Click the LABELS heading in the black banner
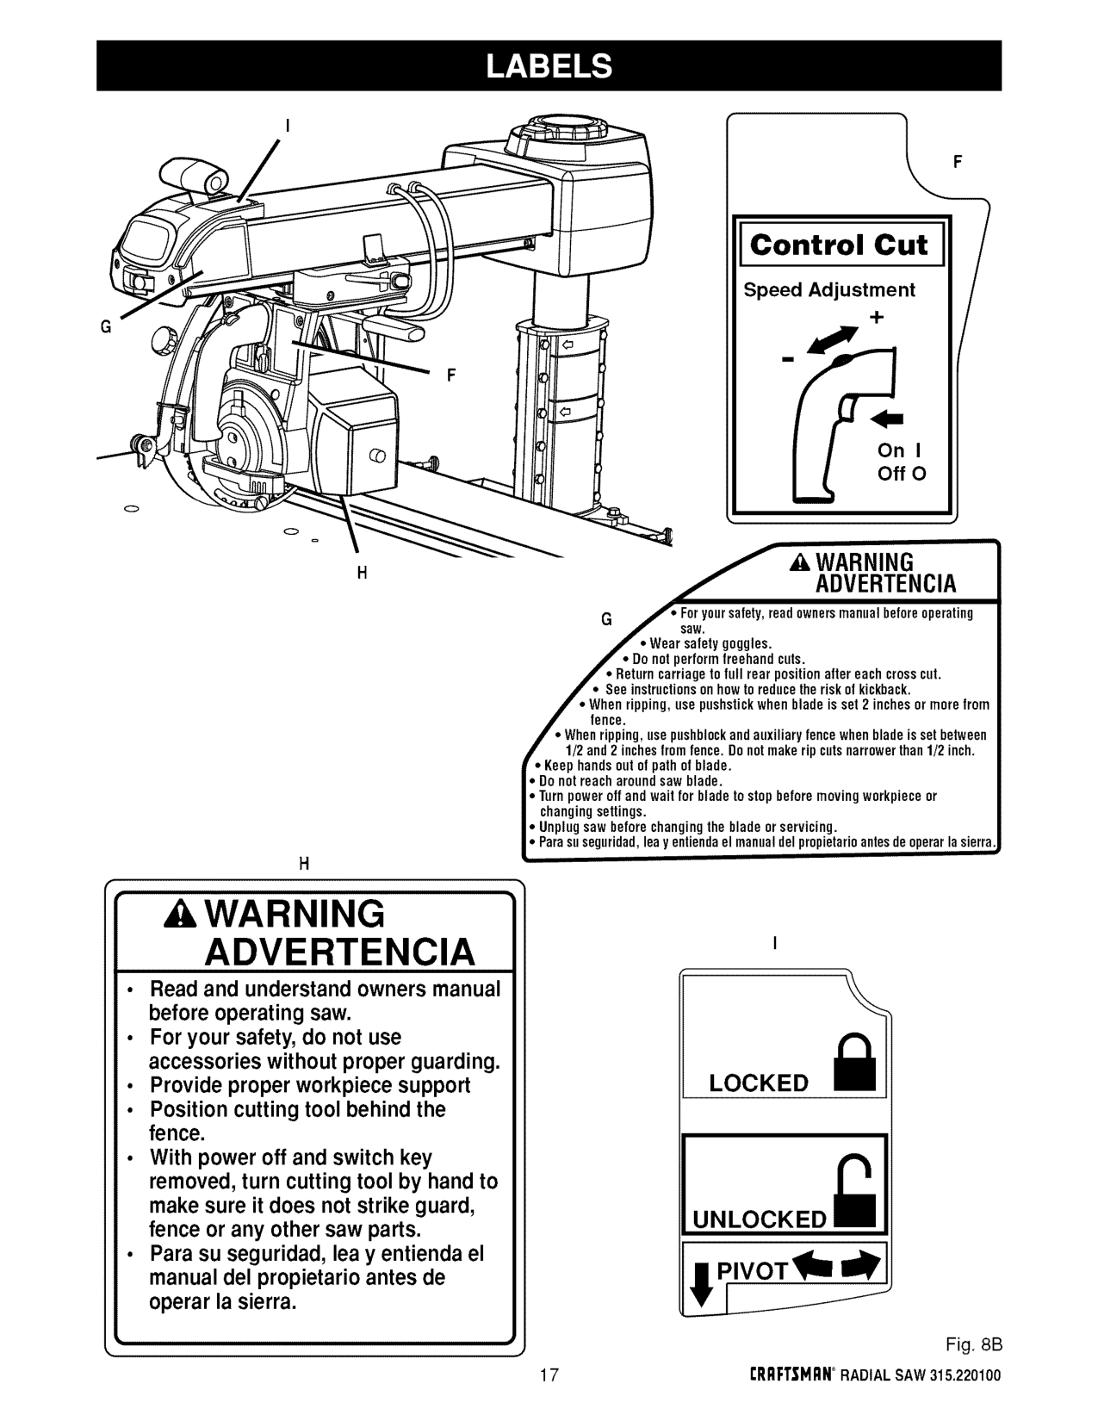tap(549, 65)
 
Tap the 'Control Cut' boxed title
tap(839, 245)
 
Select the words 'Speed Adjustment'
tap(829, 290)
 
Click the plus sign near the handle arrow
tap(877, 318)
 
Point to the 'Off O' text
tap(902, 475)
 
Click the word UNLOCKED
tap(759, 1219)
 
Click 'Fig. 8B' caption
tap(973, 1345)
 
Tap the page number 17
tap(549, 1374)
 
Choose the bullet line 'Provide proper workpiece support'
tap(310, 1085)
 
